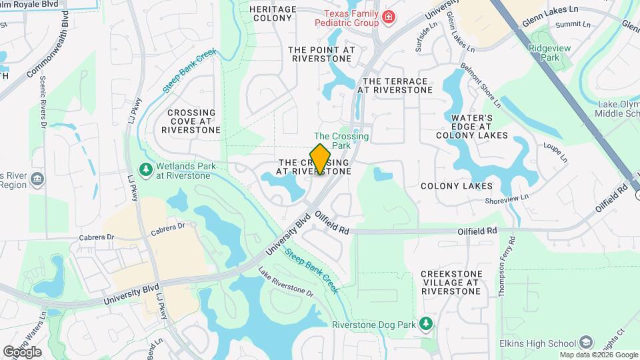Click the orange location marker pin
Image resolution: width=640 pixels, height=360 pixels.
321,159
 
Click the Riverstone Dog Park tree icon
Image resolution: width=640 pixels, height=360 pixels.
425,324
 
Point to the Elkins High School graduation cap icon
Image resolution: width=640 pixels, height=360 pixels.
586,341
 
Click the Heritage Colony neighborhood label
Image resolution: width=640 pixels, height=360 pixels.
273,13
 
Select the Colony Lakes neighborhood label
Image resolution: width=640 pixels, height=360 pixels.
457,187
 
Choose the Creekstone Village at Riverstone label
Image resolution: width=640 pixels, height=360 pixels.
451,283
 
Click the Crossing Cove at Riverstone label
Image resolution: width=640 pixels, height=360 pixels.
191,121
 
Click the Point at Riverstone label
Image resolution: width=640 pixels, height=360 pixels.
321,54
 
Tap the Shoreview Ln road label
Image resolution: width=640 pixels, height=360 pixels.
507,197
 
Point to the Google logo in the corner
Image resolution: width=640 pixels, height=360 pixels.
21,351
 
